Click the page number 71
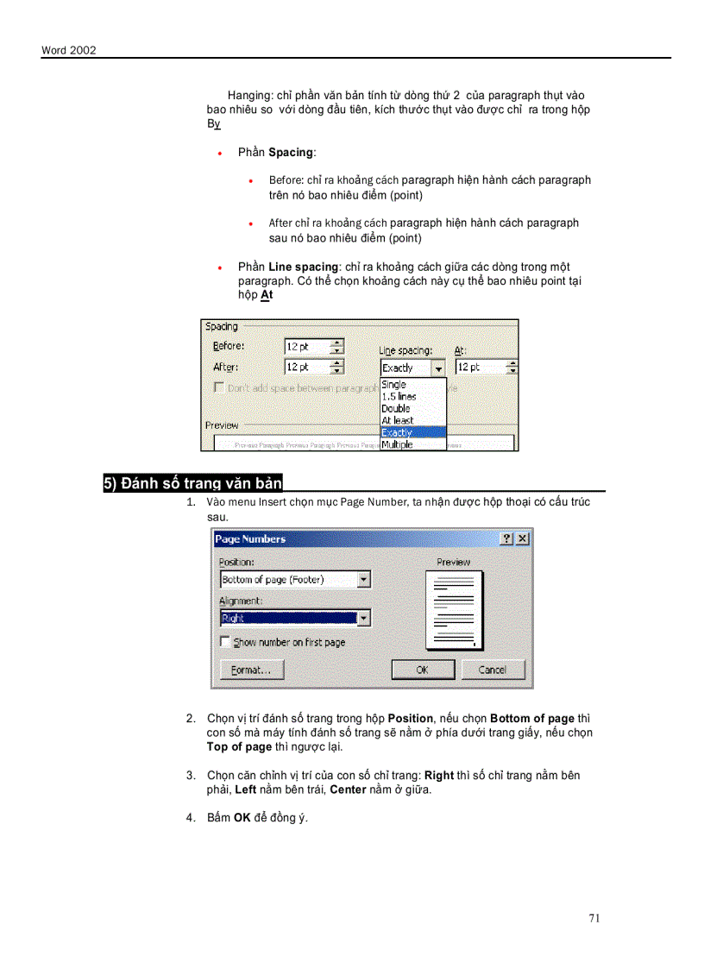[594, 918]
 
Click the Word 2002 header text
[68, 50]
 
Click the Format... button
[251, 670]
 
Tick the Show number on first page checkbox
[226, 642]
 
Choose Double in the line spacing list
[396, 408]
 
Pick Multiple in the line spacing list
[398, 444]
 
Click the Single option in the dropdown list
[394, 385]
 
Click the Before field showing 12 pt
[306, 346]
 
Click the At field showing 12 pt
[480, 367]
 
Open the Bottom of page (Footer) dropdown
[364, 580]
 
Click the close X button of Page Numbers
[522, 538]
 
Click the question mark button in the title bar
[506, 538]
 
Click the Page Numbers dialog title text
[250, 538]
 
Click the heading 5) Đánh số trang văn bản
[193, 483]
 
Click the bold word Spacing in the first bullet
[291, 152]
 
